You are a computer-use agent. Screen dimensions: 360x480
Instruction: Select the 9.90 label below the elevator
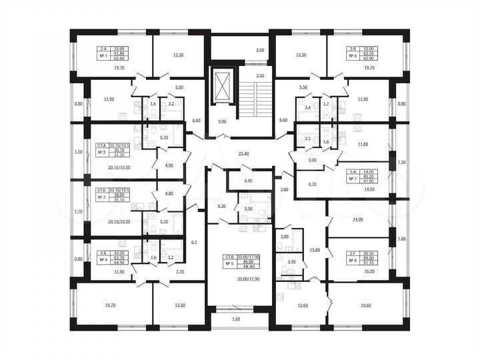pyautogui.click(x=222, y=122)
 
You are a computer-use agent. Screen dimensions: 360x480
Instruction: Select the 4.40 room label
pyautogui.click(x=249, y=180)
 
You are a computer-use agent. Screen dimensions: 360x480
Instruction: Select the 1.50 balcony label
pyautogui.click(x=401, y=162)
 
